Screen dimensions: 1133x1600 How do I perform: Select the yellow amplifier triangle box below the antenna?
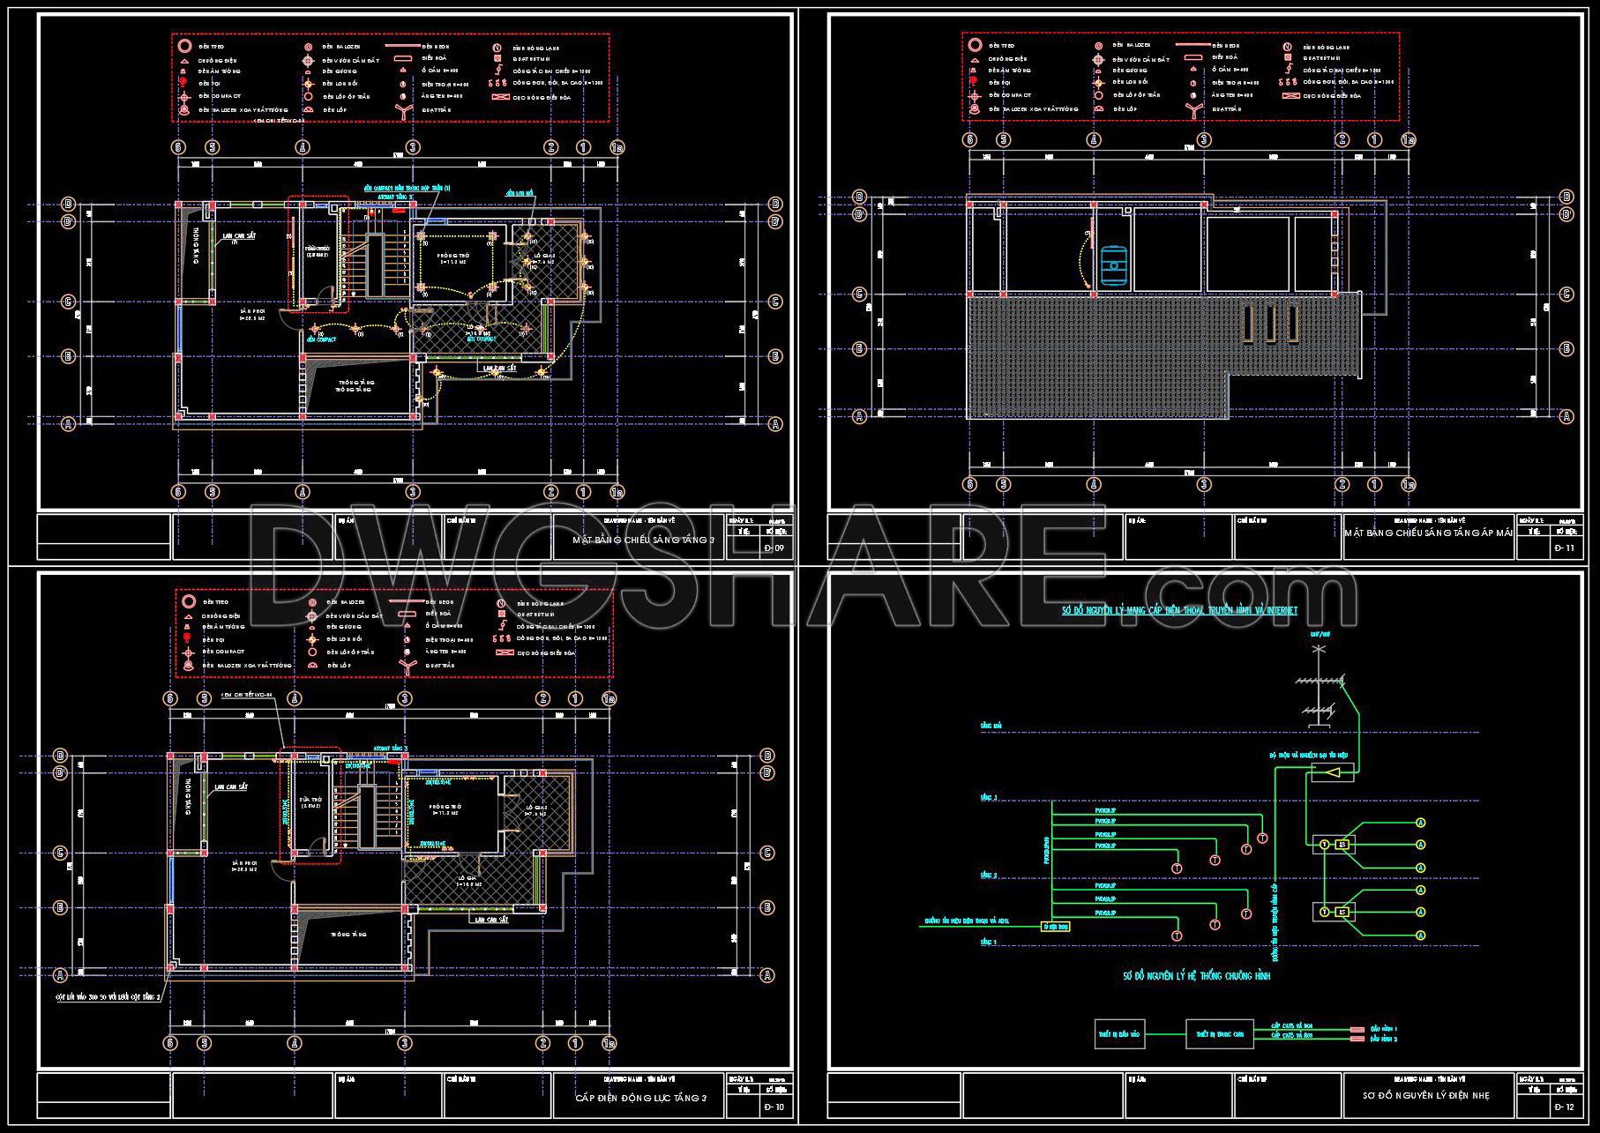pyautogui.click(x=1333, y=772)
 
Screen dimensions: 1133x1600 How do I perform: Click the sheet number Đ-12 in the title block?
pyautogui.click(x=1564, y=1107)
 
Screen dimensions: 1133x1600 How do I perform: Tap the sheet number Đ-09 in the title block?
pyautogui.click(x=774, y=548)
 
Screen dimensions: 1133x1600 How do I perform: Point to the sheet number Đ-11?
pyautogui.click(x=1564, y=548)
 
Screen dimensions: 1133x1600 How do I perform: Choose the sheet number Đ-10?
pyautogui.click(x=774, y=1107)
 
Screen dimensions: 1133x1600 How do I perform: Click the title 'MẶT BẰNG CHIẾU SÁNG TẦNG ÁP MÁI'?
pyautogui.click(x=1429, y=533)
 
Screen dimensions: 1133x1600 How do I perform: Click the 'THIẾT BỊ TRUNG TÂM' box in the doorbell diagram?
pyautogui.click(x=1220, y=1034)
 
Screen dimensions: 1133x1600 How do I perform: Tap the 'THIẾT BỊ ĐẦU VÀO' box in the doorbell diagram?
pyautogui.click(x=1119, y=1034)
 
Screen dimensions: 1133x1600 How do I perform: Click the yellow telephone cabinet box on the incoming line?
pyautogui.click(x=1056, y=927)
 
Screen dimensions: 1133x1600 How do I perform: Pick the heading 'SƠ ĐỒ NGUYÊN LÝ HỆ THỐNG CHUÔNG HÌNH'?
pyautogui.click(x=1196, y=976)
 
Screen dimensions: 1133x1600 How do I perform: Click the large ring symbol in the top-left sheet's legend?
pyautogui.click(x=184, y=47)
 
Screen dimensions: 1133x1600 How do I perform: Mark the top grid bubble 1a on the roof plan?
pyautogui.click(x=1409, y=139)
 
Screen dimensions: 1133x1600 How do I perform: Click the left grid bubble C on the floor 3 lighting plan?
pyautogui.click(x=68, y=302)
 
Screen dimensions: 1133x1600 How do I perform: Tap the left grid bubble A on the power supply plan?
pyautogui.click(x=61, y=974)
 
